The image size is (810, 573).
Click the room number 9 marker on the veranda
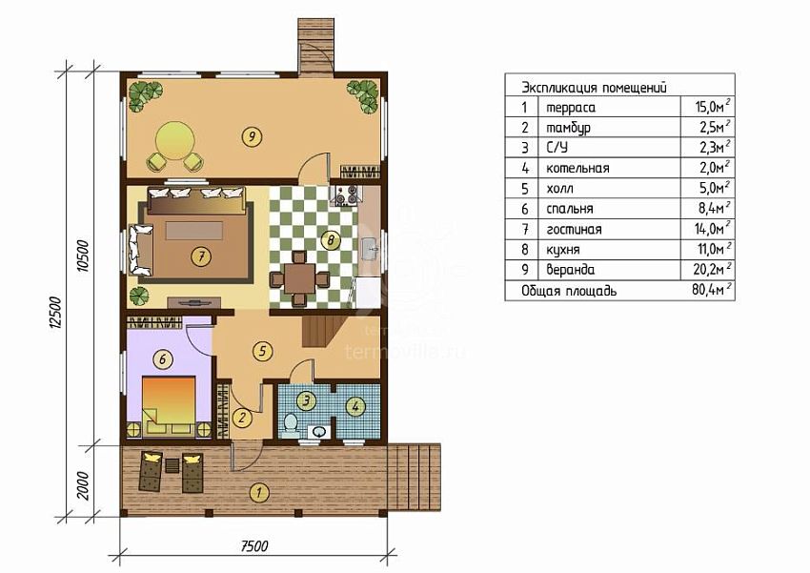pos(252,137)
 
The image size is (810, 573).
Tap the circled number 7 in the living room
pos(201,256)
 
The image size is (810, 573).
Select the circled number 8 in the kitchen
pos(331,239)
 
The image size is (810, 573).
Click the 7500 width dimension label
pos(254,546)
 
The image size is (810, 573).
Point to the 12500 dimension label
pos(57,313)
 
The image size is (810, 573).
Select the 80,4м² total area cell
pos(711,290)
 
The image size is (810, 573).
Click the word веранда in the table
pos(570,270)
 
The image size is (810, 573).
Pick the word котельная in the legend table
pos(577,169)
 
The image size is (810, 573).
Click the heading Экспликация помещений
pos(594,88)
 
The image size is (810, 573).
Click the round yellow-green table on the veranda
pos(175,140)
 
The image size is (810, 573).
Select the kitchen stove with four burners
pos(346,195)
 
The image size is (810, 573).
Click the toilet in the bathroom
pos(292,422)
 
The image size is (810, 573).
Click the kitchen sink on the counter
pos(371,249)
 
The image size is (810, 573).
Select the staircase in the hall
pos(324,331)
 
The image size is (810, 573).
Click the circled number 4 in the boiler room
pos(354,406)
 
